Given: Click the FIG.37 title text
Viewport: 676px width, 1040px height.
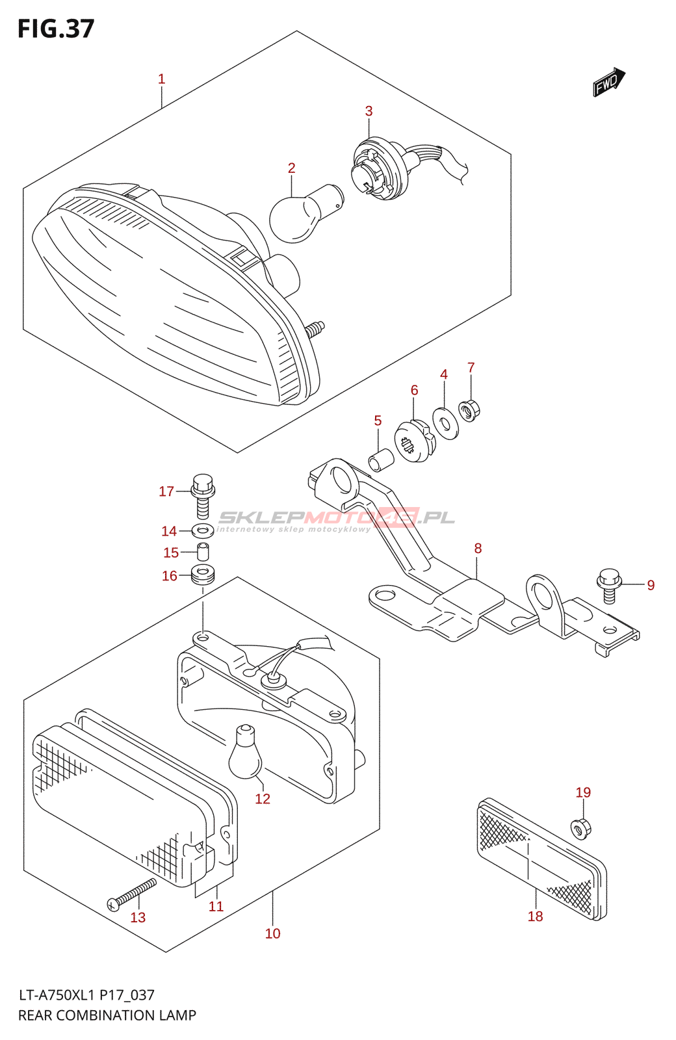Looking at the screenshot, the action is (x=56, y=29).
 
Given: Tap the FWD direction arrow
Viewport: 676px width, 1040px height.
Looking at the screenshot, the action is (x=609, y=82).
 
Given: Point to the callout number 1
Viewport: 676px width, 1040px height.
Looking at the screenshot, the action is (x=161, y=79).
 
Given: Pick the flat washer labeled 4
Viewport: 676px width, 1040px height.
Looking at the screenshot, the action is (x=445, y=423).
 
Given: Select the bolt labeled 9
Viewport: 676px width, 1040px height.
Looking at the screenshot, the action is (x=609, y=586).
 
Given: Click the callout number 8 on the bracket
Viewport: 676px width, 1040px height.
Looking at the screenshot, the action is (x=478, y=549).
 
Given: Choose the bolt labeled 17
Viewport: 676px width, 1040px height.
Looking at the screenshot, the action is (x=203, y=496).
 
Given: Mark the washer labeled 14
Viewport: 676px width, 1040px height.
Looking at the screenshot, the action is (x=203, y=529).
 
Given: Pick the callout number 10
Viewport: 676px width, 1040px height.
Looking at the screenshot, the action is (x=273, y=933).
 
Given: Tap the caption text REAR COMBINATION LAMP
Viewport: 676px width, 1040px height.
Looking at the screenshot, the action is (x=107, y=1015).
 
